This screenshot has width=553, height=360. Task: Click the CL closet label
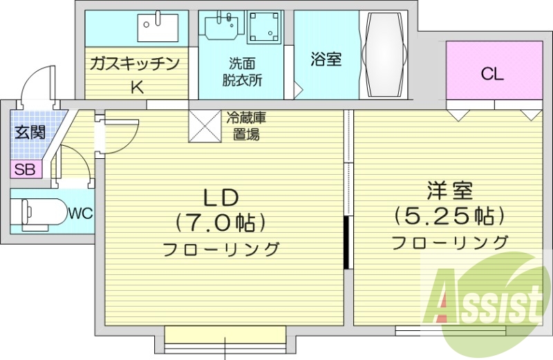click(493, 74)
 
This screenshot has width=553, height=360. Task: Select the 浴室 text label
click(324, 59)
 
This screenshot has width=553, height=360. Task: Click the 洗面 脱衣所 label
click(241, 71)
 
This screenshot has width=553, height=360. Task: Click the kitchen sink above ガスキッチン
click(158, 27)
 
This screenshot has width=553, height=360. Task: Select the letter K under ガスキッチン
click(137, 87)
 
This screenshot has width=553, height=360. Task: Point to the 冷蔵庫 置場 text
click(245, 126)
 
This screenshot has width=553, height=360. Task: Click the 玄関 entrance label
click(30, 131)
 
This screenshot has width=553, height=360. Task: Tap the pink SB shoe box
click(26, 169)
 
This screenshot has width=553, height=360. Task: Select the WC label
click(79, 214)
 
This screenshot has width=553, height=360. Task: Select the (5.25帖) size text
click(449, 216)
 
